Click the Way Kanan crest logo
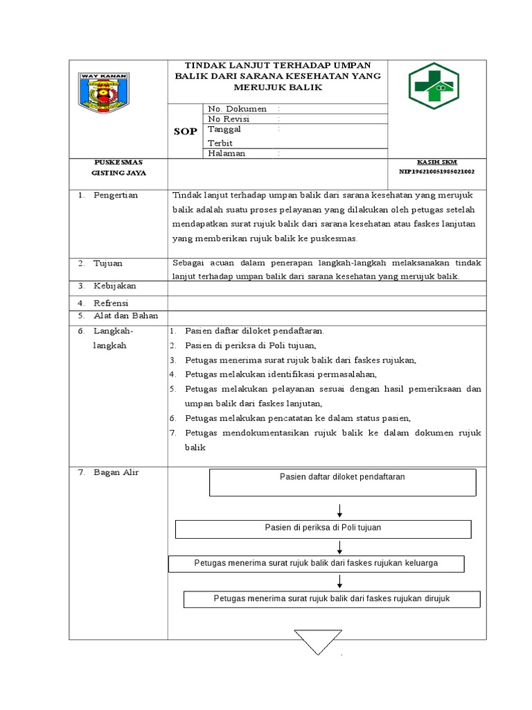click(103, 93)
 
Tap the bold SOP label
click(186, 131)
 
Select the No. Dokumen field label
click(237, 109)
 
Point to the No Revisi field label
click(229, 119)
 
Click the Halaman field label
click(227, 153)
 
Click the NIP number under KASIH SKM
click(436, 171)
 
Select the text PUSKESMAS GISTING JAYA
click(118, 167)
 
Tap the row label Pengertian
click(116, 195)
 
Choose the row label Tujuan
click(109, 263)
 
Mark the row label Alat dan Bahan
click(125, 315)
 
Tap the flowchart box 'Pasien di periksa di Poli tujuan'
click(323, 528)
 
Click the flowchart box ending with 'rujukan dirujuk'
click(332, 598)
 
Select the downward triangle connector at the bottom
click(318, 640)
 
